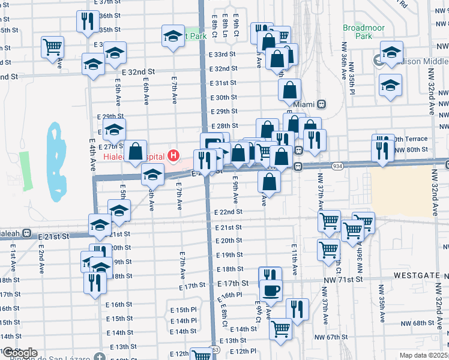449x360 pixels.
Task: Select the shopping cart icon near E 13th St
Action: click(x=280, y=329)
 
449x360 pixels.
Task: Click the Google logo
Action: click(x=20, y=353)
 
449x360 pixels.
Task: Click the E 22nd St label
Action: click(x=228, y=212)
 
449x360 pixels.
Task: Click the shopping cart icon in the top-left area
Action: click(x=53, y=46)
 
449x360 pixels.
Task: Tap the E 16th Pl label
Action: click(x=231, y=295)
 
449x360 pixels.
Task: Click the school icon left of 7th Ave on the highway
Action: click(x=152, y=175)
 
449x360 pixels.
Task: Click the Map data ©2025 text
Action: click(x=424, y=355)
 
